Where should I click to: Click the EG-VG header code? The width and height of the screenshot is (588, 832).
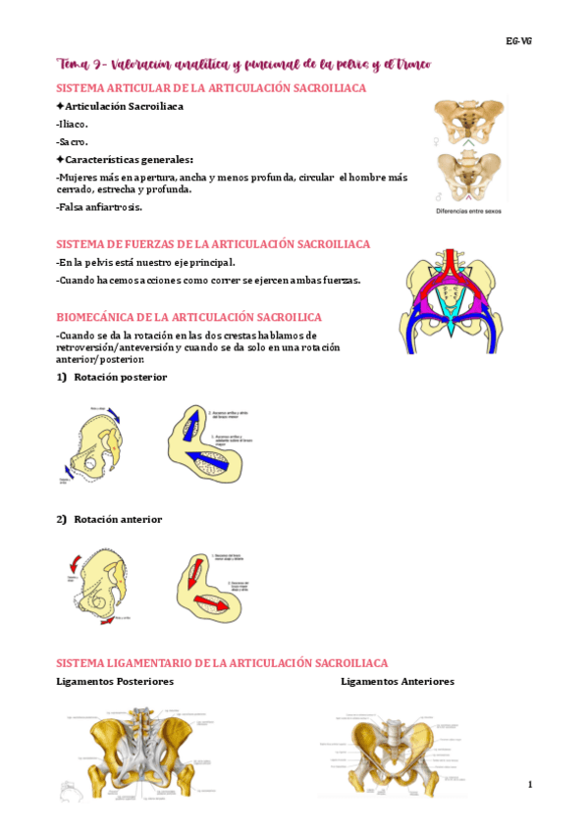(519, 41)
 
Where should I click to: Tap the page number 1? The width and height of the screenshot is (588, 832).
(529, 784)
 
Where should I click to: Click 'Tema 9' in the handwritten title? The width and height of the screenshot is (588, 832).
(80, 65)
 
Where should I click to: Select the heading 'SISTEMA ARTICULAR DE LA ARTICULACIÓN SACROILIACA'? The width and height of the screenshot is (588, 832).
(211, 88)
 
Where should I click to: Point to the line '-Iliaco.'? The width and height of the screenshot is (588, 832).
(73, 124)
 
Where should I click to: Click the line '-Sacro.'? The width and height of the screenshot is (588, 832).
(72, 141)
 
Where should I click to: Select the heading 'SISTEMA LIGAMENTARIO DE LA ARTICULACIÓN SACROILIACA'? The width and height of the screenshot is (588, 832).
(222, 663)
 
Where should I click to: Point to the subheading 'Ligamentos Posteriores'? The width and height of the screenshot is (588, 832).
(115, 681)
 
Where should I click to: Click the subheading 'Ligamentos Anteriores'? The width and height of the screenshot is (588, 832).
(398, 681)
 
